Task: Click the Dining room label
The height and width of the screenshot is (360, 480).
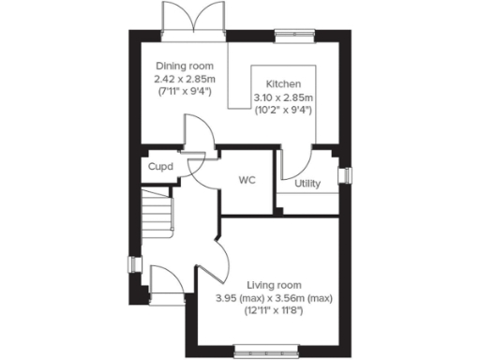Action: pyautogui.click(x=184, y=67)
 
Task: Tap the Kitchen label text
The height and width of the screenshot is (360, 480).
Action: pyautogui.click(x=282, y=83)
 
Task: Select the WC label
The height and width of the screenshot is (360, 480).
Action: pyautogui.click(x=247, y=178)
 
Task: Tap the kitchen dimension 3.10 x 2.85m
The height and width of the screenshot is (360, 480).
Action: pyautogui.click(x=282, y=97)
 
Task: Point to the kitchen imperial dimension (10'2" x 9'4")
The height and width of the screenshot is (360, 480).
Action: pyautogui.click(x=282, y=110)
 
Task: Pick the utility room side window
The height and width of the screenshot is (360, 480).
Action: pyautogui.click(x=344, y=174)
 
